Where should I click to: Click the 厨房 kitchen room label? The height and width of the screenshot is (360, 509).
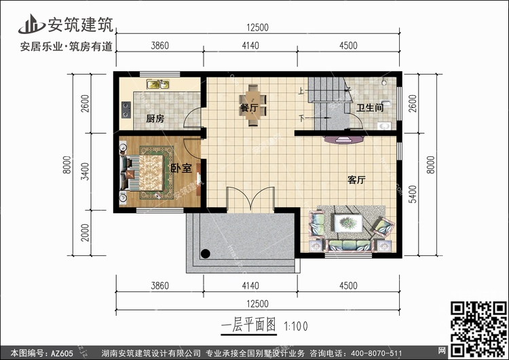tap(155, 119)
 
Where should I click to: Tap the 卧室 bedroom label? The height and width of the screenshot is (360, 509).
tap(181, 168)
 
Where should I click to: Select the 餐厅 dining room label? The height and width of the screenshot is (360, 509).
tap(249, 108)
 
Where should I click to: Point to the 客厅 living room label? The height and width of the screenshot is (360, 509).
tap(356, 180)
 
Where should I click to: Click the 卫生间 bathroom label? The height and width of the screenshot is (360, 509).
tap(370, 107)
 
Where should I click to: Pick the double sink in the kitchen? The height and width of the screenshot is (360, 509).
tap(157, 84)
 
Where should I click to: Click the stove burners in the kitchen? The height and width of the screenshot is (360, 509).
tap(126, 109)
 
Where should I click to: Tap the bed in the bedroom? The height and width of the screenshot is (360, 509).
tap(143, 173)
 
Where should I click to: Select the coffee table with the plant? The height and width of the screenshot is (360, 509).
tap(348, 223)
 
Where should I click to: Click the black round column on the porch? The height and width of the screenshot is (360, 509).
tap(205, 253)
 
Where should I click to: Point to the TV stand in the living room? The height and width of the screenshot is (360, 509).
tap(343, 139)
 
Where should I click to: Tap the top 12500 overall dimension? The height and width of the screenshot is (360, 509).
tap(257, 28)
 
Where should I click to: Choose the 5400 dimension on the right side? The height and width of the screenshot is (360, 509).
tap(412, 194)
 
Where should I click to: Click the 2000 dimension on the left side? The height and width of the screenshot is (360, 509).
tap(85, 232)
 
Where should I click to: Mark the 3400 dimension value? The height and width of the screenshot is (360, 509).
tap(85, 172)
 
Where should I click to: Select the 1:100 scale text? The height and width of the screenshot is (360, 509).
tap(296, 326)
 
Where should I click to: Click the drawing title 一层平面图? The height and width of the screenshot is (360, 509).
tap(248, 325)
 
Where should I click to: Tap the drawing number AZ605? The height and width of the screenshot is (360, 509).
tap(62, 353)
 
